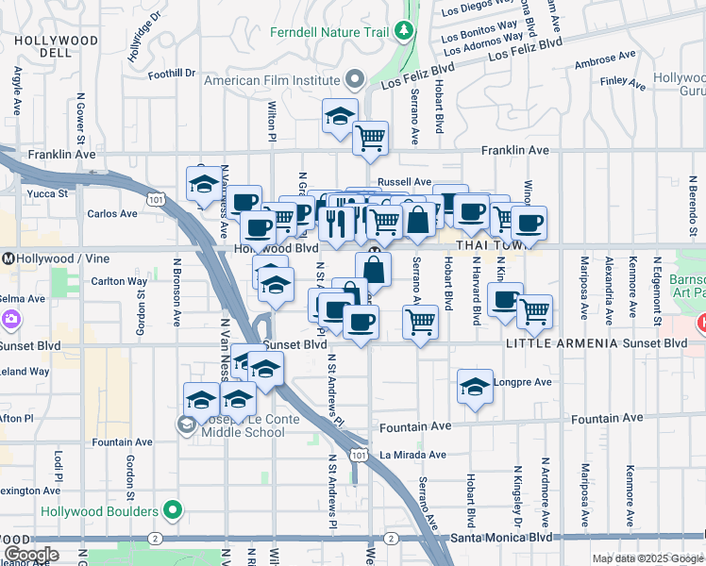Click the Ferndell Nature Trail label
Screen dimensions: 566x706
coord(328,32)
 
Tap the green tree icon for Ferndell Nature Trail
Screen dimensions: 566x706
coord(405,31)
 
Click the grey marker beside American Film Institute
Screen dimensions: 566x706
coord(355,79)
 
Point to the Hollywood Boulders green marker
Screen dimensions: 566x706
coord(172,511)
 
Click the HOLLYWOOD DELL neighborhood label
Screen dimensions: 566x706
coord(57,46)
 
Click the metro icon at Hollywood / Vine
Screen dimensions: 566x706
coord(7,258)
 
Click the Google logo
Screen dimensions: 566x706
coord(30,555)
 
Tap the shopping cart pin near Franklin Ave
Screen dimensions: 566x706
coord(370,138)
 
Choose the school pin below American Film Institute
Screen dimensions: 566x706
coord(340,115)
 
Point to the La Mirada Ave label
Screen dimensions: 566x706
coord(412,454)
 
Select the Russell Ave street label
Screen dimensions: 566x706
coord(404,181)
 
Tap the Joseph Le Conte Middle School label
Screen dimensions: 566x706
coord(235,426)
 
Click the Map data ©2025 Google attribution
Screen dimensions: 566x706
coord(647,558)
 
